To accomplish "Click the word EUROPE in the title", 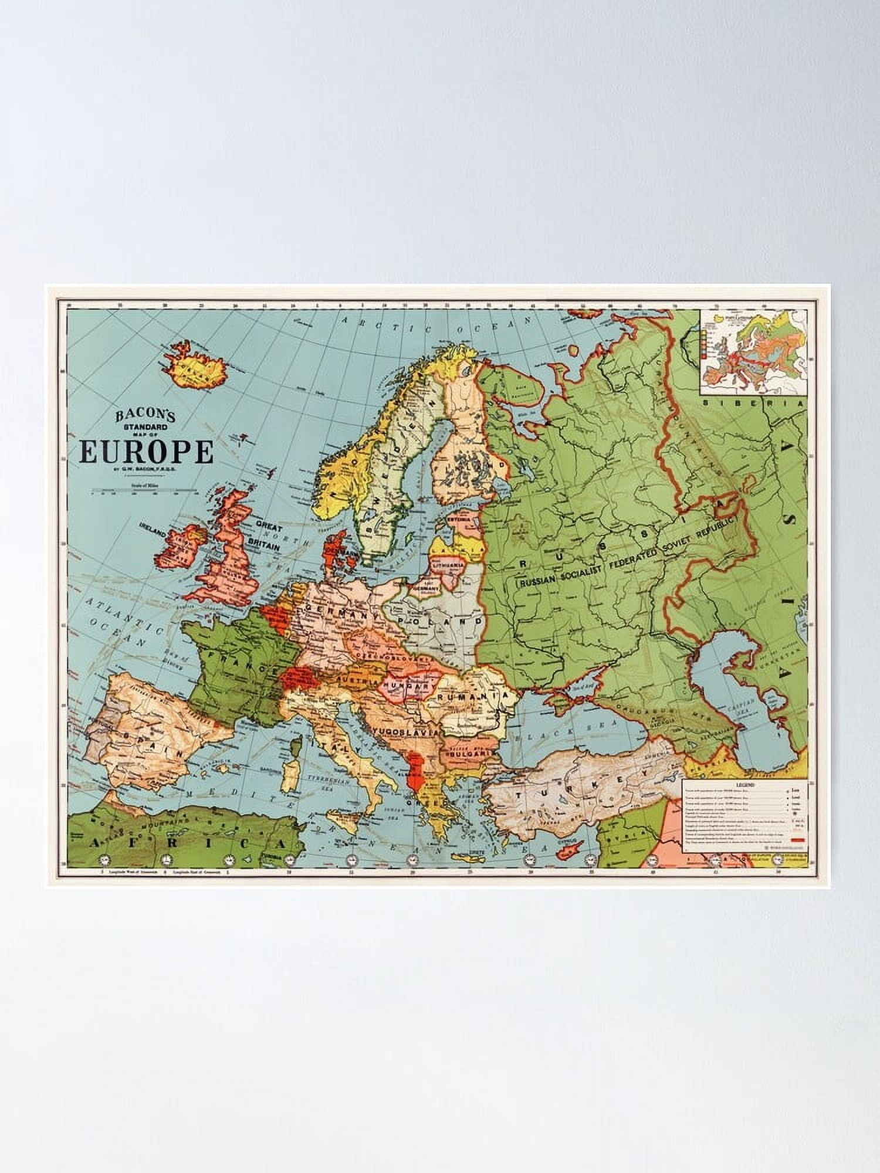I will (146, 452).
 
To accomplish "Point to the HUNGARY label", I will (404, 686).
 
